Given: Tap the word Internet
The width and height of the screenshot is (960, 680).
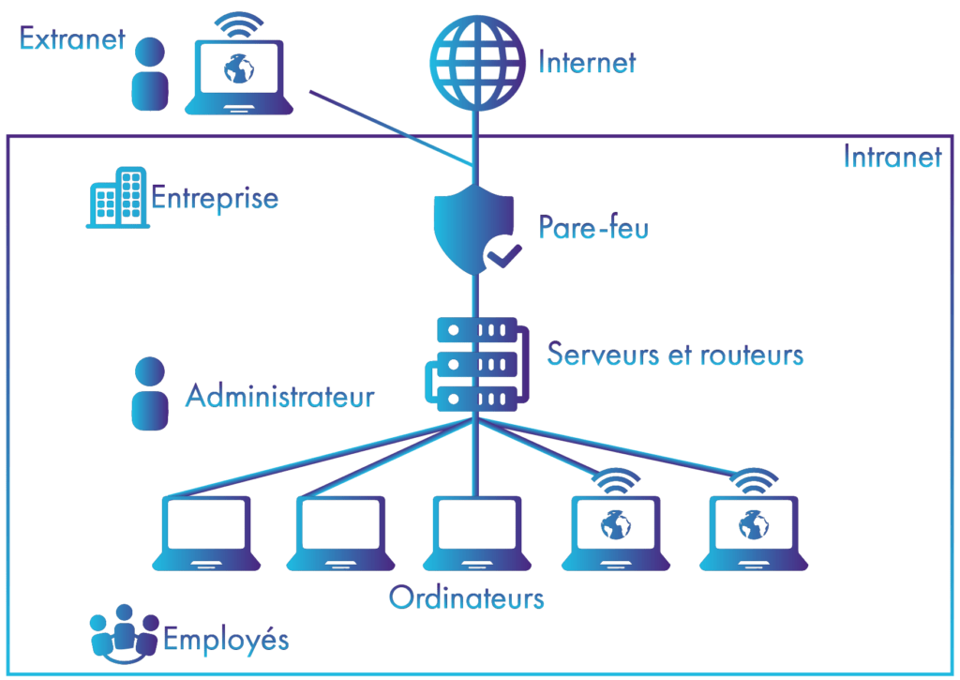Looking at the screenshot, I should (587, 63).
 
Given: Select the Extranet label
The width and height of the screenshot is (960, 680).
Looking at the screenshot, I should (72, 39).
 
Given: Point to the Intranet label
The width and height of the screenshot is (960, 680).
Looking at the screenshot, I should (892, 157).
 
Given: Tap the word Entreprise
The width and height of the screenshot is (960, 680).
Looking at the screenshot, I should (215, 199).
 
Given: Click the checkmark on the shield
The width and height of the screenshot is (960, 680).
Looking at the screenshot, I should (502, 252).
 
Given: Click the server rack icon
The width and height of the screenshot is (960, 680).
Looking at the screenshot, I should (476, 364).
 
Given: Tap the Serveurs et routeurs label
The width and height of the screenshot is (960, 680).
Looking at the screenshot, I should (675, 355).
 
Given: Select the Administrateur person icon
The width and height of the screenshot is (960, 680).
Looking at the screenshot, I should (149, 394).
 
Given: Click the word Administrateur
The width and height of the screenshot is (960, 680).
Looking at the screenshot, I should (279, 396).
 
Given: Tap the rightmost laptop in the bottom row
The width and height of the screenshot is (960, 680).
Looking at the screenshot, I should (753, 531).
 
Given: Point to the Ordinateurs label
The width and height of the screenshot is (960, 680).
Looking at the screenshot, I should (466, 597).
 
